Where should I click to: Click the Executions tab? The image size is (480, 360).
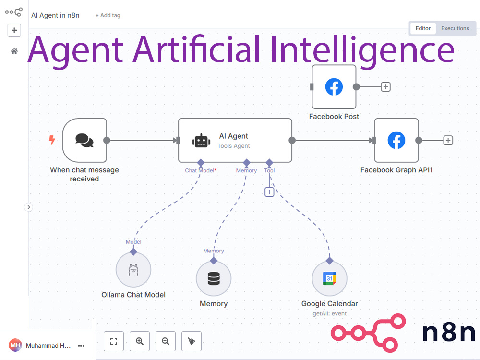click(x=455, y=28)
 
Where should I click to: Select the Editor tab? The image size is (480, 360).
click(x=423, y=28)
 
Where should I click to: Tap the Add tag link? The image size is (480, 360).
click(x=108, y=15)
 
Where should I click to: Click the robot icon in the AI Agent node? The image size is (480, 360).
click(x=201, y=141)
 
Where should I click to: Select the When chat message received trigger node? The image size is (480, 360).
click(x=84, y=140)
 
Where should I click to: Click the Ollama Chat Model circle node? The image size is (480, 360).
click(x=133, y=270)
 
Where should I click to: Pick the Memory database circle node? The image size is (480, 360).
click(x=214, y=278)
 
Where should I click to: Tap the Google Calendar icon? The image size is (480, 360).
click(x=329, y=278)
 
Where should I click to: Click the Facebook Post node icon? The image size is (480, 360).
click(x=334, y=86)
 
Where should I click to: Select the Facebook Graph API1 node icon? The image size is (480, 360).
click(x=396, y=140)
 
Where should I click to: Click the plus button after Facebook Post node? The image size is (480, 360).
click(x=386, y=87)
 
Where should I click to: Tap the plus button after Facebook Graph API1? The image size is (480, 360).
click(x=448, y=141)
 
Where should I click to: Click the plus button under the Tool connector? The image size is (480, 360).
click(x=269, y=192)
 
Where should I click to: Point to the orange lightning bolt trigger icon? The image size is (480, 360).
click(x=52, y=140)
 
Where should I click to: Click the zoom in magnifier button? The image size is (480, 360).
click(x=140, y=341)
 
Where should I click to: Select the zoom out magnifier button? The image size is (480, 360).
click(x=166, y=341)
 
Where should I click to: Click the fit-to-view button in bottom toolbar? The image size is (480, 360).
click(x=114, y=341)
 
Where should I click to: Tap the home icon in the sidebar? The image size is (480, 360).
click(x=14, y=51)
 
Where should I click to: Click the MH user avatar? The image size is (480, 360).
click(x=15, y=345)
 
